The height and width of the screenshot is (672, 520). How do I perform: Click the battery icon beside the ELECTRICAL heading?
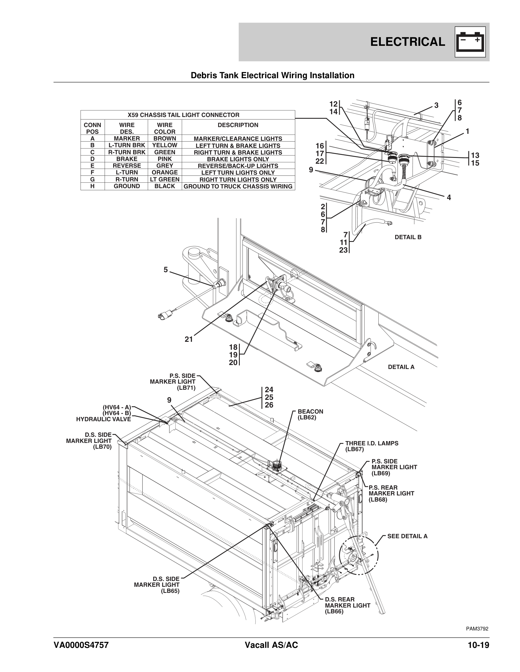[470, 42]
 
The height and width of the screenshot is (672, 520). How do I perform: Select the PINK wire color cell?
[165, 159]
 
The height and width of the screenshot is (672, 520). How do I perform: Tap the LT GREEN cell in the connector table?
[165, 179]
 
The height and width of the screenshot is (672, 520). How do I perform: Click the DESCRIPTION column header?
[238, 125]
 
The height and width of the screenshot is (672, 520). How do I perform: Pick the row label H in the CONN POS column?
[92, 186]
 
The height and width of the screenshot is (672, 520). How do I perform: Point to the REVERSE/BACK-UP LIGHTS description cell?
[238, 166]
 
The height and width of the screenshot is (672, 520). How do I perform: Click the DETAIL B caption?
[408, 237]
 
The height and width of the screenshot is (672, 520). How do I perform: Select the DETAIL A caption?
[401, 367]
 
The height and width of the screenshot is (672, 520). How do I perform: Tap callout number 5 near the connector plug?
[166, 270]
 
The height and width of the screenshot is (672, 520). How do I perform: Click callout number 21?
[188, 339]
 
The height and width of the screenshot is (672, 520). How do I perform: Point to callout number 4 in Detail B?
[449, 198]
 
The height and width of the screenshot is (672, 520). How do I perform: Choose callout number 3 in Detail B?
[436, 106]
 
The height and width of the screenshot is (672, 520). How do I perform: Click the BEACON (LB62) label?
[310, 415]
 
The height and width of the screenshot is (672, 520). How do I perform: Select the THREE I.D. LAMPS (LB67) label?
[372, 446]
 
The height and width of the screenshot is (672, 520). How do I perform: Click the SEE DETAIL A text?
[407, 536]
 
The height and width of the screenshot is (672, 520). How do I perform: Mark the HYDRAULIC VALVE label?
[103, 419]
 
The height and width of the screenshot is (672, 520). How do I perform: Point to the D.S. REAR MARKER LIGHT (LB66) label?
[347, 605]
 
